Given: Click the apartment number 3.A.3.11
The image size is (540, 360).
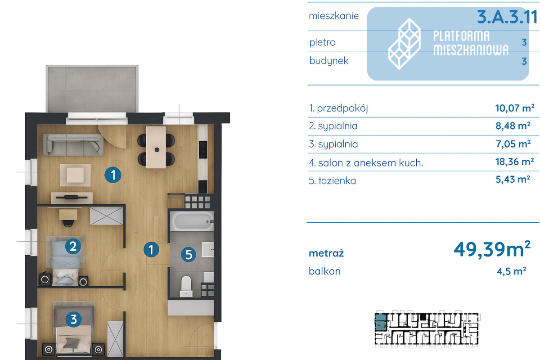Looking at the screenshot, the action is click(507, 18).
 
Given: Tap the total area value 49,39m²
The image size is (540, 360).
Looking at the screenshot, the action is click(492, 250).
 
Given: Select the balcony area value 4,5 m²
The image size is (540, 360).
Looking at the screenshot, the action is click(511, 271).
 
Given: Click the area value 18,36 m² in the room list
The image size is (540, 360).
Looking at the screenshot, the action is click(514, 162).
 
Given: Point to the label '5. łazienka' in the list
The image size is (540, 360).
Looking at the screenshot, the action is click(333, 180).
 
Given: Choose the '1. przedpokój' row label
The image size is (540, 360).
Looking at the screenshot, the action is click(338, 108).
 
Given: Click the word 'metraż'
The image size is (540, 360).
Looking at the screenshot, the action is click(326, 253).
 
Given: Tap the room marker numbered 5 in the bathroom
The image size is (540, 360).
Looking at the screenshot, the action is click(189, 255).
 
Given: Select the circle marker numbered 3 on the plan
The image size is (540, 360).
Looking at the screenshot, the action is click(73, 319).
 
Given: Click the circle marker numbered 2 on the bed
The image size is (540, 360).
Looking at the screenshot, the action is click(73, 247).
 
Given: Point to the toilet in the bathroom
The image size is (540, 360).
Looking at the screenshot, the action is click(186, 286).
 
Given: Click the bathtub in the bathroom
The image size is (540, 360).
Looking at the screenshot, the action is click(192, 221).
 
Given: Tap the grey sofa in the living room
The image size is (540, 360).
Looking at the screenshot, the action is click(73, 145).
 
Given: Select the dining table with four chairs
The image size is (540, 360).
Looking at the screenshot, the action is click(156, 147).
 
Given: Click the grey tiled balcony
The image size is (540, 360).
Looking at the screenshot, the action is click(92, 89).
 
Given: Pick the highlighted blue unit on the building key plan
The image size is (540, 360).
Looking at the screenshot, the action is click(380, 322).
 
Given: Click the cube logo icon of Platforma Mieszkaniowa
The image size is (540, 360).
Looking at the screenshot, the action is click(405, 44).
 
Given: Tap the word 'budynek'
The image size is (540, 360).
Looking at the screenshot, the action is click(329, 61).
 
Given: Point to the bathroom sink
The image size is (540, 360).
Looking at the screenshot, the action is click(208, 250).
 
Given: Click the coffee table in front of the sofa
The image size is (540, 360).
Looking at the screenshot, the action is click(75, 175).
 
